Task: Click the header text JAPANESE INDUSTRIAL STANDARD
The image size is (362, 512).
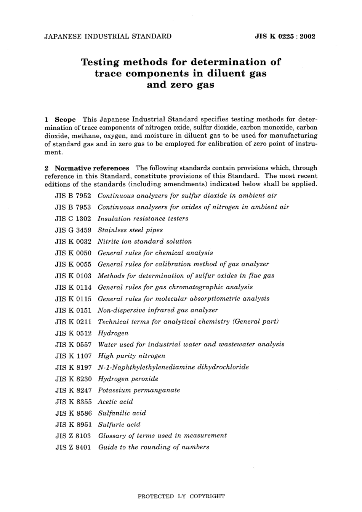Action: pos(108,37)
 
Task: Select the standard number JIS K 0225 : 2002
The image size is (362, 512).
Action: pos(285,37)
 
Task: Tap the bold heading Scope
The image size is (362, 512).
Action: pos(65,120)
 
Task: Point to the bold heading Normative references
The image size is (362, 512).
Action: pos(92,168)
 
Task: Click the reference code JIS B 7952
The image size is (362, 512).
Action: pos(73,196)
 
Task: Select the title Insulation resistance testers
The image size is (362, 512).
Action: pos(143,219)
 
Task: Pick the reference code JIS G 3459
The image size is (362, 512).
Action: pos(73,230)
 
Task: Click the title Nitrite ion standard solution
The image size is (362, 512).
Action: pos(145,241)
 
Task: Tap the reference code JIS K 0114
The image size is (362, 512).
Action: pos(73,287)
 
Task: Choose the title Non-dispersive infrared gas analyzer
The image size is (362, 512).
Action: pos(158,310)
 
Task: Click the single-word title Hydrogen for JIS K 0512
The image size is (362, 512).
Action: pos(113,333)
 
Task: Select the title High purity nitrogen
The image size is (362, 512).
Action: pos(131,356)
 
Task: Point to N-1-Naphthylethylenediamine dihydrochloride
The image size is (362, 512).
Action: pos(173,367)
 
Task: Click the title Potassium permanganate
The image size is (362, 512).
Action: pos(139,390)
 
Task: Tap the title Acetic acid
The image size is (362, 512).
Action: pos(115,402)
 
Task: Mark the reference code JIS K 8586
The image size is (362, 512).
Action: pos(73,413)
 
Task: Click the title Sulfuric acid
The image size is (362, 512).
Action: pos(119,424)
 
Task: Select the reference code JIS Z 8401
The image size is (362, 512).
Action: pos(73,447)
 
